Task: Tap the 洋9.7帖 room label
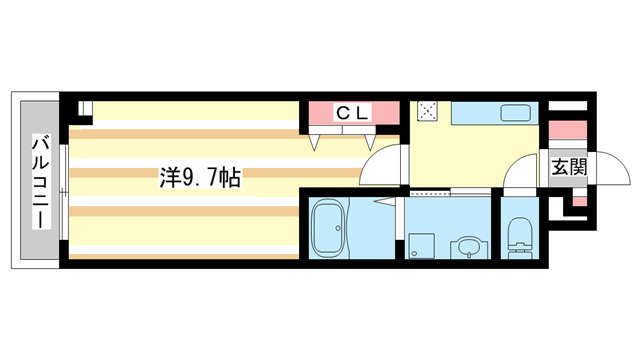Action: (198, 178)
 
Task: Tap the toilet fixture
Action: (518, 236)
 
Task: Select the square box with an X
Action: (428, 112)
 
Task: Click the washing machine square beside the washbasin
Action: (418, 247)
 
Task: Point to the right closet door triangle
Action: (367, 141)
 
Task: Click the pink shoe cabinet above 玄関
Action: (566, 130)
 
